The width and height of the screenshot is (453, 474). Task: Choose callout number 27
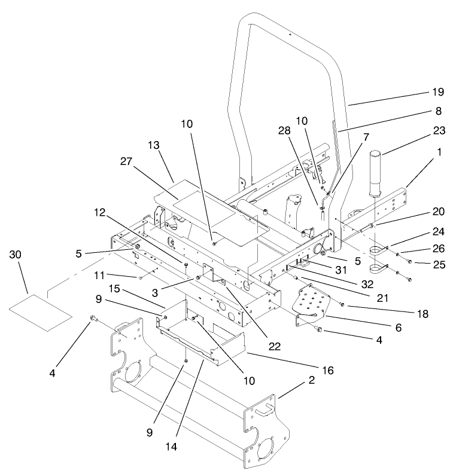pyautogui.click(x=143, y=161)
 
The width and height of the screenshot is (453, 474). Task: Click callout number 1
pyautogui.click(x=440, y=153)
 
